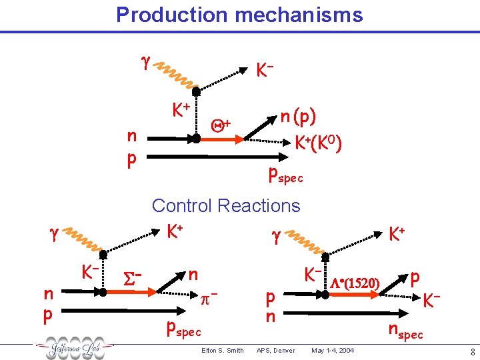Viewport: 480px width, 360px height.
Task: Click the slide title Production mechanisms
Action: point(239,15)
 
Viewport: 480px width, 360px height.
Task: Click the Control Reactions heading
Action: point(226,205)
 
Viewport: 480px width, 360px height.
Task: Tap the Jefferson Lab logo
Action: point(75,349)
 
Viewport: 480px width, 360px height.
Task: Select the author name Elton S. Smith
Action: point(222,351)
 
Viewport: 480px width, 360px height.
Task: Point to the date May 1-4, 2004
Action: point(333,351)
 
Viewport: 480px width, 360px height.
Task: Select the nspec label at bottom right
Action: point(406,331)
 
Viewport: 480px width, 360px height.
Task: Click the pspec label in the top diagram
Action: point(285,175)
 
